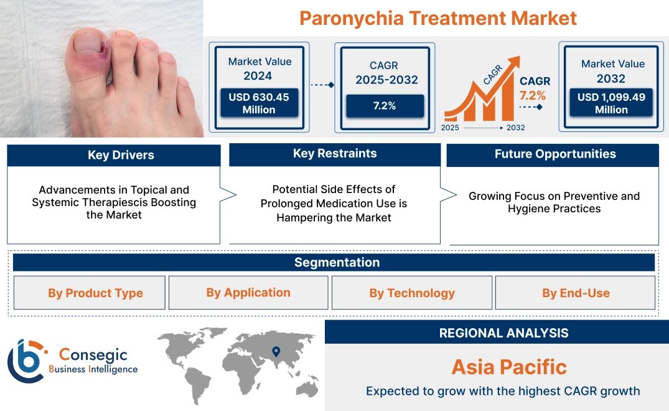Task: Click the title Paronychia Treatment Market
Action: tap(437, 17)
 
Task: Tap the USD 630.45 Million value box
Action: tap(258, 103)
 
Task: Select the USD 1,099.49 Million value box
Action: tap(611, 103)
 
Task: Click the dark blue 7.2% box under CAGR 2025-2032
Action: tap(385, 106)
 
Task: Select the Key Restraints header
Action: tap(335, 154)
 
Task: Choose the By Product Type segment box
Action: tap(95, 293)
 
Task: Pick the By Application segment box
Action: tap(248, 293)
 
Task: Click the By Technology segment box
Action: tap(412, 293)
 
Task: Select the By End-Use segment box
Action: tap(576, 293)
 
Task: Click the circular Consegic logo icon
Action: tap(26, 361)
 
